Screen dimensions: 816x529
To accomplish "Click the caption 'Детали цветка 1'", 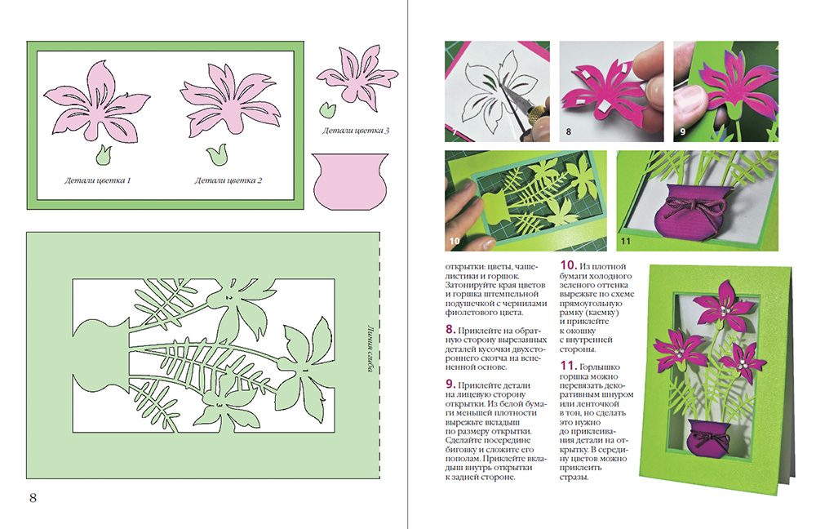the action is click(97, 180).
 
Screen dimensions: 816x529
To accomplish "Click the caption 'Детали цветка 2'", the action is click(228, 180).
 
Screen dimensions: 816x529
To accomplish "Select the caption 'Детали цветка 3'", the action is click(356, 130).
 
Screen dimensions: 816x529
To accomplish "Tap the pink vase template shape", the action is click(350, 181).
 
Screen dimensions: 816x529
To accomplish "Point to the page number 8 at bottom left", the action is click(33, 497).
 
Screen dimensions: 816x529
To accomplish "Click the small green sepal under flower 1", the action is click(104, 153).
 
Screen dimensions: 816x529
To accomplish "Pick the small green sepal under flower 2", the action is click(216, 154).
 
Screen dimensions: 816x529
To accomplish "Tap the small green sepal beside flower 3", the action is click(327, 109).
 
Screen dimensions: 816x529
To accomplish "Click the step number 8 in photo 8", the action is click(568, 131).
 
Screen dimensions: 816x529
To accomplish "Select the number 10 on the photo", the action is click(455, 241).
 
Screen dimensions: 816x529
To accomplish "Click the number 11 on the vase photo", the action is click(626, 241).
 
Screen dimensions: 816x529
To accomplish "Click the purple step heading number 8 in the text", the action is click(450, 329).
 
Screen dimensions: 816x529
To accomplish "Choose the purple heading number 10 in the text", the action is click(568, 265).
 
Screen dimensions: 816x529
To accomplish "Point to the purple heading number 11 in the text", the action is click(568, 366).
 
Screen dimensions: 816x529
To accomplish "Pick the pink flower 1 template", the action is click(96, 101).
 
